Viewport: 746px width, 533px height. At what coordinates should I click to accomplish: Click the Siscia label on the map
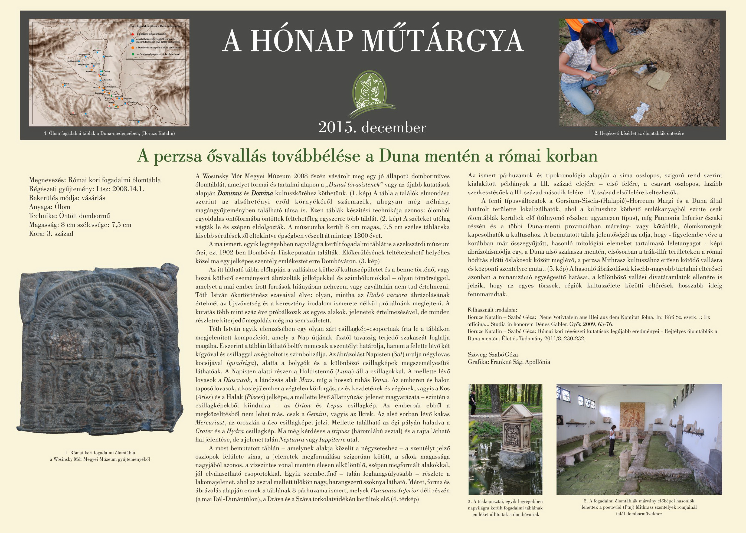pyautogui.click(x=67, y=84)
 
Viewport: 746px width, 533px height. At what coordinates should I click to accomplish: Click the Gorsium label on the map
pyautogui.click(x=97, y=50)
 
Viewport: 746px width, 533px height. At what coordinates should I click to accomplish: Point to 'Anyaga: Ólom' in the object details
pyautogui.click(x=50, y=207)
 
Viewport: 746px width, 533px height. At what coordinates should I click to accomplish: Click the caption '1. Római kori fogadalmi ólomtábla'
pyautogui.click(x=100, y=453)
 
